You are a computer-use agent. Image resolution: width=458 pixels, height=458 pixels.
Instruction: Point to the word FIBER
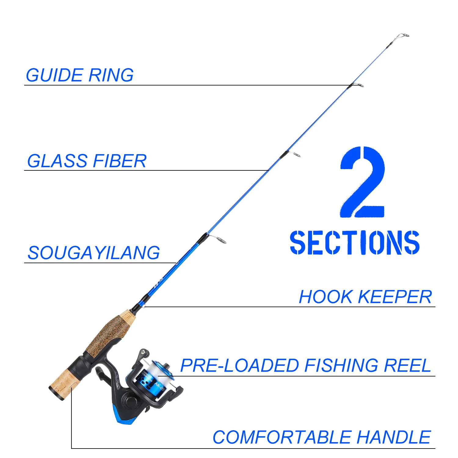120,161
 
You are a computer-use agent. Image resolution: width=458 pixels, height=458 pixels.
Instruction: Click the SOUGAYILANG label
94,253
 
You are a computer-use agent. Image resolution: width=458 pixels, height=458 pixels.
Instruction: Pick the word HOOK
325,297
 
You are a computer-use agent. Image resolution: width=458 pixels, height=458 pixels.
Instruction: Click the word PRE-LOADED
240,365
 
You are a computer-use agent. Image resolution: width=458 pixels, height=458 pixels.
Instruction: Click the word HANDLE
394,437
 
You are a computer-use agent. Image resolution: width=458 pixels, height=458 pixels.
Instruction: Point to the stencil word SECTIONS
354,242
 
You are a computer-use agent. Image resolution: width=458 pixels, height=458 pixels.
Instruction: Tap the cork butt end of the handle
61,385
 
